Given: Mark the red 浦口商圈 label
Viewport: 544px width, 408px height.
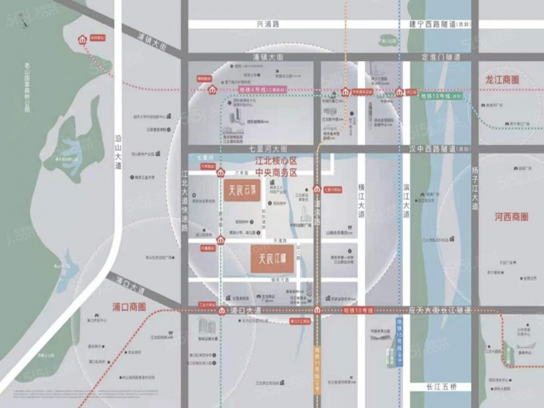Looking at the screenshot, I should click(x=130, y=306).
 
